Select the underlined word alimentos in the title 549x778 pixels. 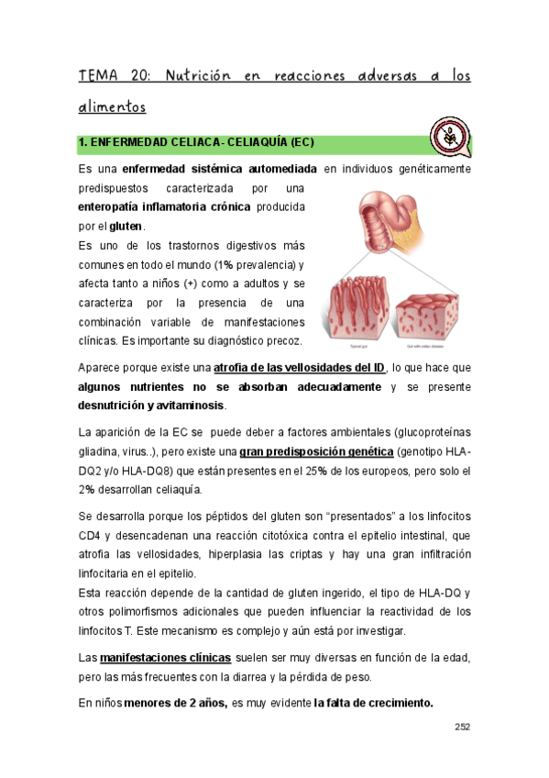112,107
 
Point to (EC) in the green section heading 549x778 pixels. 302,144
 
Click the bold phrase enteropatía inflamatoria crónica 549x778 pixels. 164,207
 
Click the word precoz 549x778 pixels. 282,341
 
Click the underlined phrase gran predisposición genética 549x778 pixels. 317,452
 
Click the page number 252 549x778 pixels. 461,728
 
